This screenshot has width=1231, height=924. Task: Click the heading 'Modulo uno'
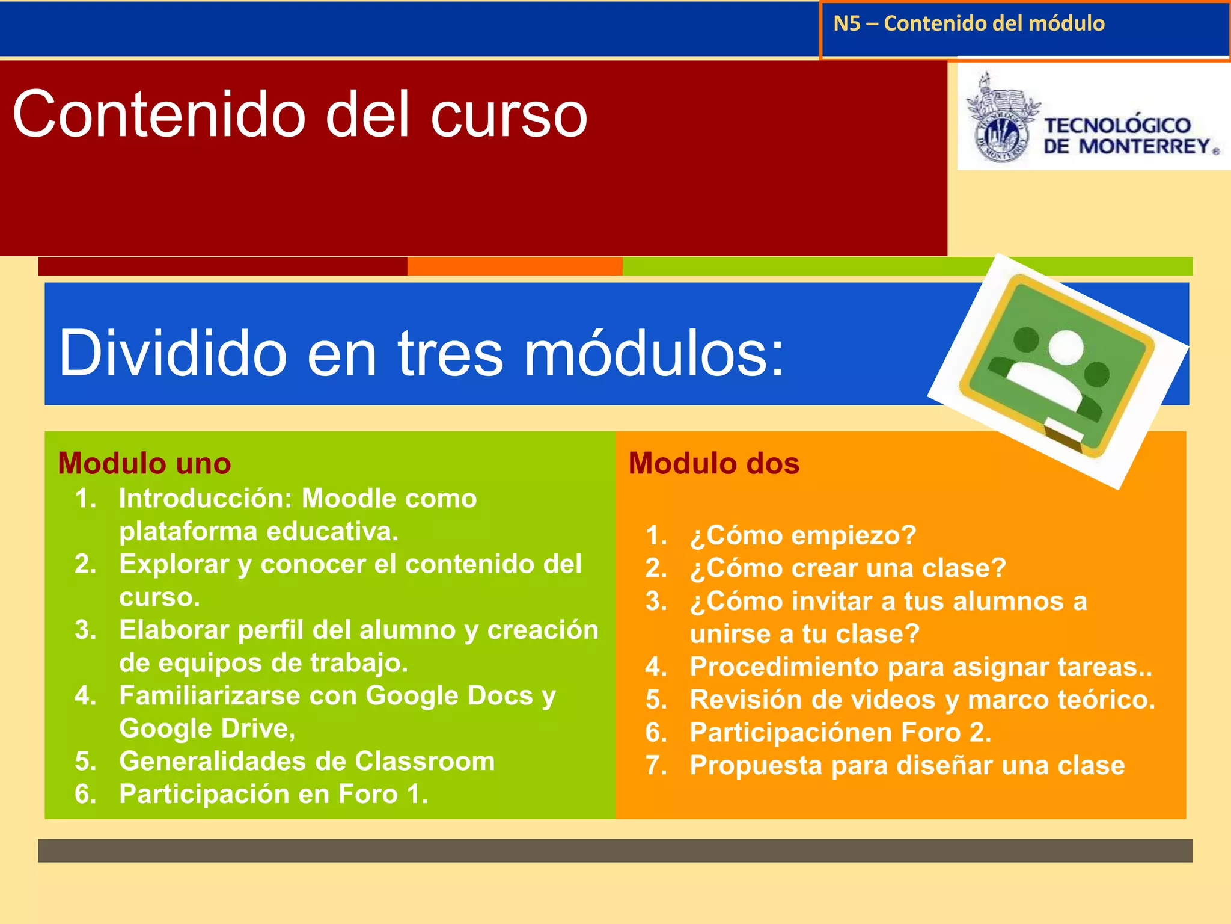[144, 464]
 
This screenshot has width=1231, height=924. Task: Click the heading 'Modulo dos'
[713, 464]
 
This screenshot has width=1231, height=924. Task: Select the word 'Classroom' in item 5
[424, 762]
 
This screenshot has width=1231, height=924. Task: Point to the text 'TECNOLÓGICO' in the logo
[1117, 125]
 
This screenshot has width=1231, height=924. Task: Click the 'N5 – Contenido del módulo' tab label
[968, 24]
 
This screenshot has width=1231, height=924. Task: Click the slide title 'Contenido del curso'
[299, 114]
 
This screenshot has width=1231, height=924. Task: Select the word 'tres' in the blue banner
[450, 354]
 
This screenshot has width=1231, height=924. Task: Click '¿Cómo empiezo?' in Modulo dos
[802, 535]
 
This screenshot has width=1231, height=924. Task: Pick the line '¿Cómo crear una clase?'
[848, 568]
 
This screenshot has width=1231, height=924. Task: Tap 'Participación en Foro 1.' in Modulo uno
[273, 795]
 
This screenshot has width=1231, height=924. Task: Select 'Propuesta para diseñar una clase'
[906, 766]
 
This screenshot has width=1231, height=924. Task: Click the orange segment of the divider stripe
[515, 266]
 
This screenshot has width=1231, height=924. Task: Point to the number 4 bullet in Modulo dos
[655, 667]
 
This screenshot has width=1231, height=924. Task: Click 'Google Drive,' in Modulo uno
[207, 729]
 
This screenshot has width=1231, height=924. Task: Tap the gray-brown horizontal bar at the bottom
[614, 851]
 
